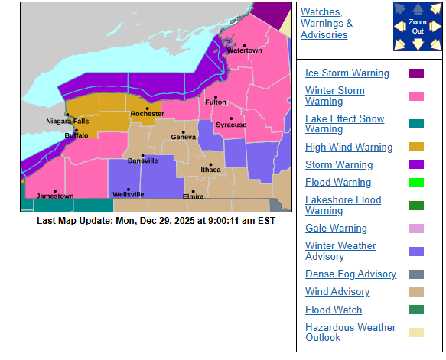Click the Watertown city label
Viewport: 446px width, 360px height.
[244, 51]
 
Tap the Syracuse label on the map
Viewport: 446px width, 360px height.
[231, 125]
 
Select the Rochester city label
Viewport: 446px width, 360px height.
[147, 114]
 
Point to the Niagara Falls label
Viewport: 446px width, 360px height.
[67, 122]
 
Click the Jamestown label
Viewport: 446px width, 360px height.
[55, 196]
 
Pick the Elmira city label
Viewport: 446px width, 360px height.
[193, 196]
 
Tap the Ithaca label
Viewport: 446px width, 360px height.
[210, 170]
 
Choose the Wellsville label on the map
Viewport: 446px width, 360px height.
[128, 195]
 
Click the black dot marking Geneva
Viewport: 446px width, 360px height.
[184, 130]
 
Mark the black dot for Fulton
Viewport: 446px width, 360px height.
[216, 96]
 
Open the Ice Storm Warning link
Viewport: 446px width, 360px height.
[347, 73]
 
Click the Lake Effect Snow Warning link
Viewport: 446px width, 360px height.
[344, 124]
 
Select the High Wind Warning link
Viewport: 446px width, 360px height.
[349, 147]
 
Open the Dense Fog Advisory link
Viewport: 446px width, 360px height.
[350, 274]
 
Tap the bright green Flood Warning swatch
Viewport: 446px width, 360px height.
[416, 183]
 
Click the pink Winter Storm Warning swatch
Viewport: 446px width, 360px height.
[416, 96]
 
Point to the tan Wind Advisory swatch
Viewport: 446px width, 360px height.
[416, 292]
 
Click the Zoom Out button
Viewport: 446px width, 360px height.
[417, 27]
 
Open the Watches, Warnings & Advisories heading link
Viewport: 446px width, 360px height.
[327, 23]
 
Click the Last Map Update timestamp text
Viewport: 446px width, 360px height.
[155, 221]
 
